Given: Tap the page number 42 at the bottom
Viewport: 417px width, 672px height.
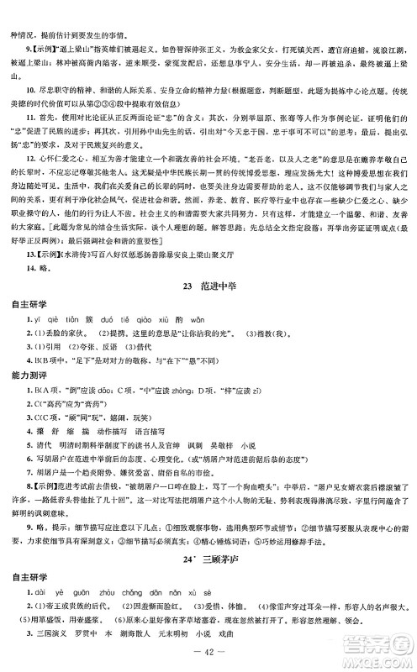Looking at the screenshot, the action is coord(208,653).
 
